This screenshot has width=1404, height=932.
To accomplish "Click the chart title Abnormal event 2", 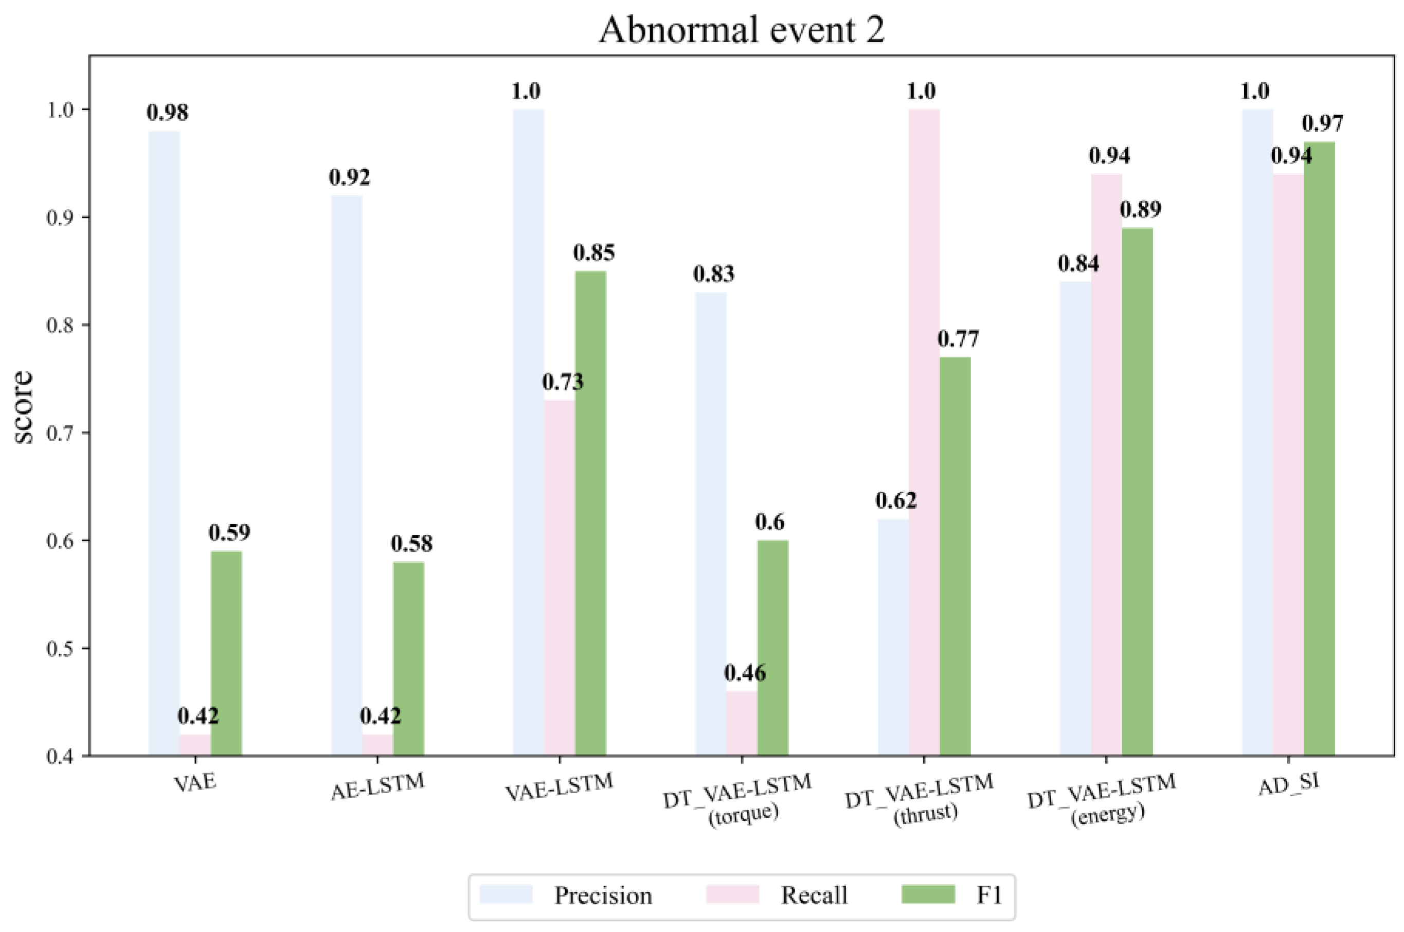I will point(741,30).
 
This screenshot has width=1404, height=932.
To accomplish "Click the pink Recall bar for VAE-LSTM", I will point(559,577).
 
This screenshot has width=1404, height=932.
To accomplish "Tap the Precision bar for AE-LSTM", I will point(347,475).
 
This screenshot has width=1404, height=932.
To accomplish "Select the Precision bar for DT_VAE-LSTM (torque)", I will point(711,523).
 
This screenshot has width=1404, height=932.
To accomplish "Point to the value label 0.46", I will point(745,673).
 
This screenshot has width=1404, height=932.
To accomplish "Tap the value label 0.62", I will point(895,500).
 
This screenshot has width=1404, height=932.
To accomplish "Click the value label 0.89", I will point(1140,209).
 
